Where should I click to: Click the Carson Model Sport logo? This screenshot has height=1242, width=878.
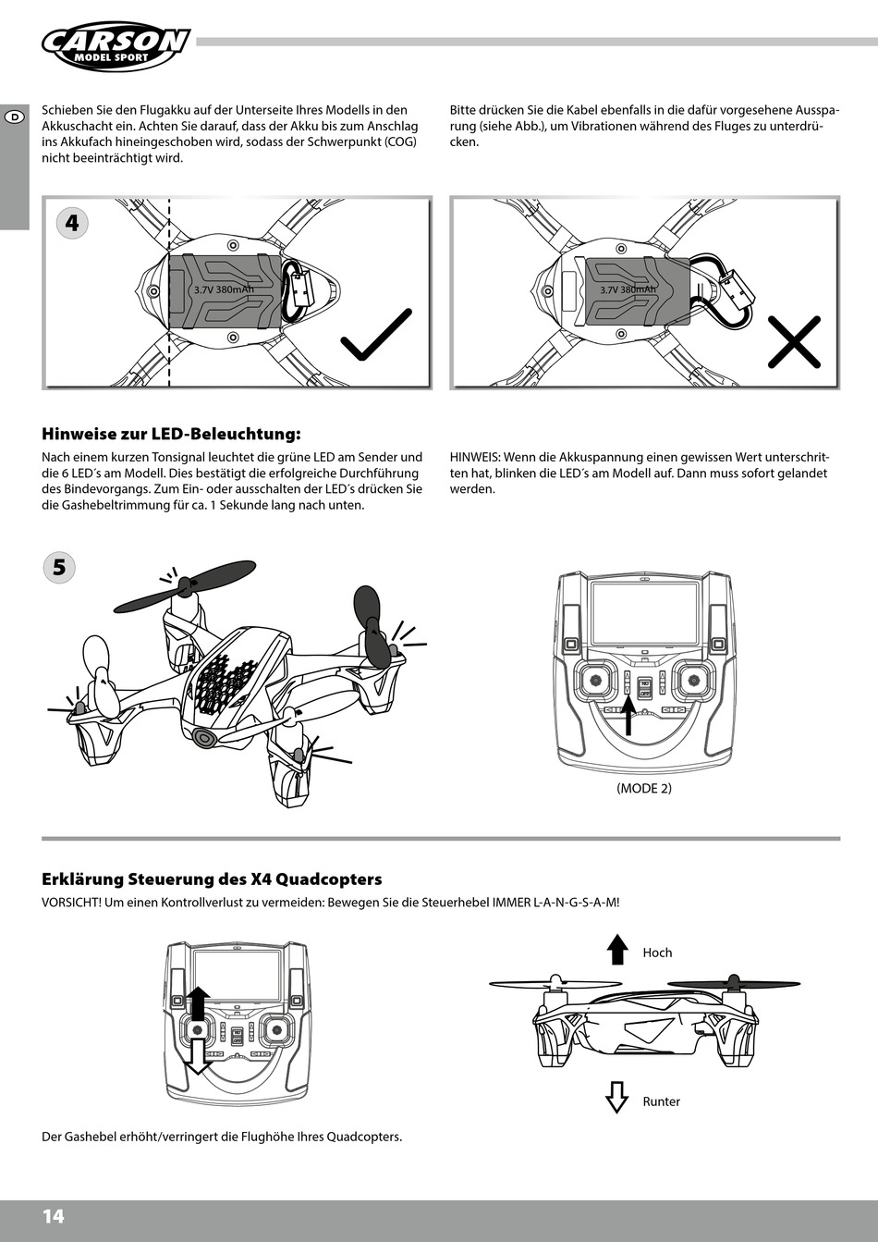[115, 45]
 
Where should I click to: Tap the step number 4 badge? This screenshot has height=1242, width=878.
[72, 223]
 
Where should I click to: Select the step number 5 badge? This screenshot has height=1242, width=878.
[59, 567]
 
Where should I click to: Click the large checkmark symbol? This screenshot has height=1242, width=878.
[376, 335]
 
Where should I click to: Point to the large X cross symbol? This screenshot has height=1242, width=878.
[794, 341]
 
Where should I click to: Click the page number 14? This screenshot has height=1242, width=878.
[54, 1216]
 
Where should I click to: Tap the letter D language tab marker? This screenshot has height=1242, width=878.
[15, 116]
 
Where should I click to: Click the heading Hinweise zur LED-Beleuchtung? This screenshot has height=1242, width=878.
[171, 434]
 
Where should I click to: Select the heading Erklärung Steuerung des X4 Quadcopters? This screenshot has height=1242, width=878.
[212, 879]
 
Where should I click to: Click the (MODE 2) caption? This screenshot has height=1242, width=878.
[644, 788]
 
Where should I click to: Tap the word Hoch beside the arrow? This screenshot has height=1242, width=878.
[657, 953]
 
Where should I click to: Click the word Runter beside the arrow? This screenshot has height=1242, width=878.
[661, 1101]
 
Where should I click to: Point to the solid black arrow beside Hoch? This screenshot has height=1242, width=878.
[616, 950]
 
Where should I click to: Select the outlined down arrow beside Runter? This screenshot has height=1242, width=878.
[616, 1097]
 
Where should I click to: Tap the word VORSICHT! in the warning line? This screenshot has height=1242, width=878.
[71, 902]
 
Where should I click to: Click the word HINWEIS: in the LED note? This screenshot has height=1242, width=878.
[475, 457]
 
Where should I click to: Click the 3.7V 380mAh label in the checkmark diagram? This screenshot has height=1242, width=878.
[224, 289]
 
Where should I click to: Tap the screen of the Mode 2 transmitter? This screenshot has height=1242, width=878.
[644, 613]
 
